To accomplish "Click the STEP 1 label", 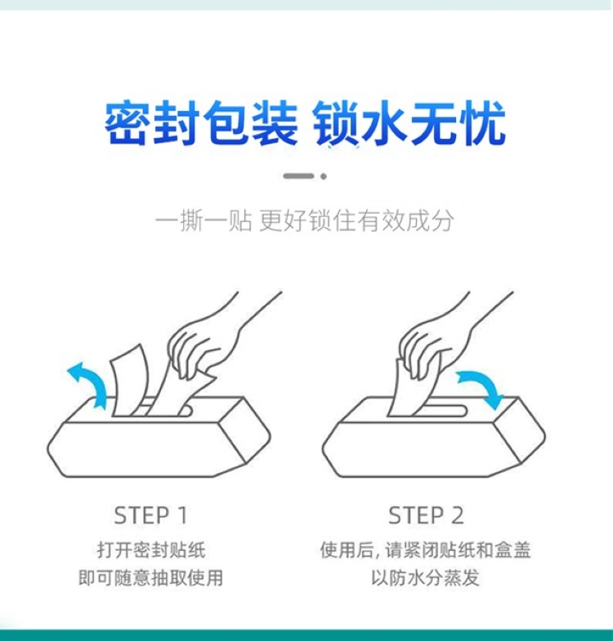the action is pyautogui.click(x=150, y=515).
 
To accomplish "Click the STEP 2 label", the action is pyautogui.click(x=426, y=515).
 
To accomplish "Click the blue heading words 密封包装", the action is pyautogui.click(x=201, y=123).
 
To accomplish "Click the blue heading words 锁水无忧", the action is pyautogui.click(x=409, y=123).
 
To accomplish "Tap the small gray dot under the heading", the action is pyautogui.click(x=324, y=176).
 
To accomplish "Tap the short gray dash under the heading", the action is pyautogui.click(x=298, y=176).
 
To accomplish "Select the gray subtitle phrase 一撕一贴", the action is pyautogui.click(x=204, y=221).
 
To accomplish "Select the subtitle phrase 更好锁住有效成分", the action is pyautogui.click(x=356, y=221).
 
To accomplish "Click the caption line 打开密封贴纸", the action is pyautogui.click(x=151, y=550).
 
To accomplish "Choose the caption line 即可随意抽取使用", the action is pyautogui.click(x=150, y=578).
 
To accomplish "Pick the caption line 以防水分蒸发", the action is pyautogui.click(x=425, y=578).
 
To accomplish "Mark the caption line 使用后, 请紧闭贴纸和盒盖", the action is pyautogui.click(x=426, y=550).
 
